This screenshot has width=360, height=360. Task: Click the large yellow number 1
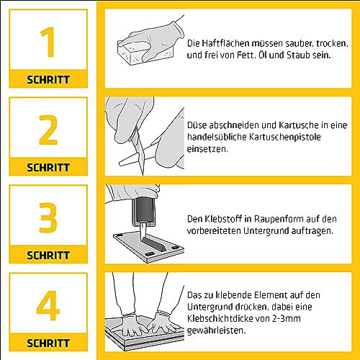(x=49, y=42)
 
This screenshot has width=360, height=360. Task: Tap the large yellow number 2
(x=48, y=130)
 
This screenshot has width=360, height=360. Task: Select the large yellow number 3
(x=48, y=217)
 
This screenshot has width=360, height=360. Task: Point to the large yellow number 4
(x=48, y=305)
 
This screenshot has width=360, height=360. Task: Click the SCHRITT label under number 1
(x=48, y=80)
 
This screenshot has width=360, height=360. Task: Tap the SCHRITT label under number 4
(x=48, y=343)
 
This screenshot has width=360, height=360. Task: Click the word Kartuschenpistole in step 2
(x=285, y=137)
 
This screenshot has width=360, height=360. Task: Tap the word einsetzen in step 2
(x=207, y=149)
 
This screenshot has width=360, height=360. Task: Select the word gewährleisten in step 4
(x=216, y=330)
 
